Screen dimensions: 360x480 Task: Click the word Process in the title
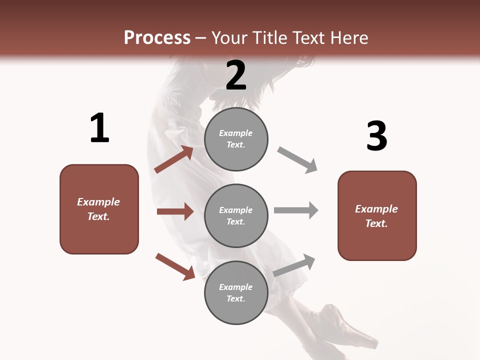157,38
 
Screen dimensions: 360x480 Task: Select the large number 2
236,75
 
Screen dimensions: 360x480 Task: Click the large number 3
376,136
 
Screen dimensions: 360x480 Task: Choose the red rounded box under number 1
99,209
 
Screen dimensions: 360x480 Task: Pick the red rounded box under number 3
377,216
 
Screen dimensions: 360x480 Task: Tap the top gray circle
236,139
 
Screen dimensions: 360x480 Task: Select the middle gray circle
236,216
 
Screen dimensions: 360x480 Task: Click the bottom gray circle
236,293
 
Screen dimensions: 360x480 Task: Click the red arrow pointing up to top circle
174,159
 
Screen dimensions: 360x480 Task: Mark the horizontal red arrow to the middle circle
175,211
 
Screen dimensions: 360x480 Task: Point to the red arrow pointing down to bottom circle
175,266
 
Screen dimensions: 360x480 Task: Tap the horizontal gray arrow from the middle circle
296,210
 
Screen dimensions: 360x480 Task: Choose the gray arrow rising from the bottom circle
294,265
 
